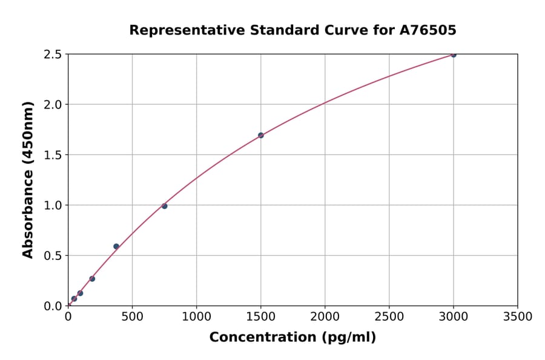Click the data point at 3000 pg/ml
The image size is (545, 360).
pyautogui.click(x=453, y=55)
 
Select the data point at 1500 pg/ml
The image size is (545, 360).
pyautogui.click(x=260, y=135)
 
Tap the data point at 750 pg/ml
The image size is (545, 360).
pyautogui.click(x=164, y=206)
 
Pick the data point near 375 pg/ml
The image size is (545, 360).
pyautogui.click(x=116, y=246)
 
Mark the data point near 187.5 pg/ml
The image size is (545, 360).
pyautogui.click(x=92, y=279)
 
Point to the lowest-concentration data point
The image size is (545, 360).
pyautogui.click(x=74, y=298)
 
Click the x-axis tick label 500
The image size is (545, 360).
pyautogui.click(x=132, y=316)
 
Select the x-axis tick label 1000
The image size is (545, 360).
pyautogui.click(x=196, y=316)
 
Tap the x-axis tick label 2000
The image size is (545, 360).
pyautogui.click(x=325, y=316)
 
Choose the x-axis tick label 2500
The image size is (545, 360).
pyautogui.click(x=389, y=316)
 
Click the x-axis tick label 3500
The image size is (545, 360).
pyautogui.click(x=517, y=316)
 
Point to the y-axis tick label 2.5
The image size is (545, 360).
pyautogui.click(x=52, y=55)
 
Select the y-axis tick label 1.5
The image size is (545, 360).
pyautogui.click(x=52, y=155)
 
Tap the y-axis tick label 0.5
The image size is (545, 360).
pyautogui.click(x=52, y=256)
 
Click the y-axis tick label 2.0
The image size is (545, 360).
pyautogui.click(x=52, y=105)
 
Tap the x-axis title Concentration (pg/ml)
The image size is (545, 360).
pyautogui.click(x=292, y=338)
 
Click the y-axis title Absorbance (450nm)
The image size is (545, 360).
pyautogui.click(x=28, y=179)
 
